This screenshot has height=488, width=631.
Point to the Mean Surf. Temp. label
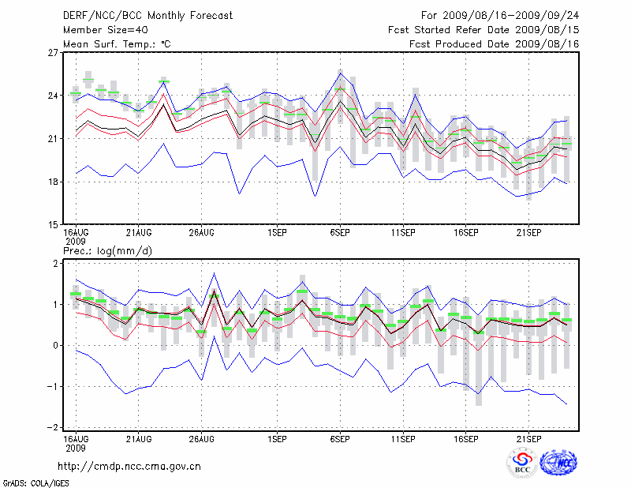click(117, 43)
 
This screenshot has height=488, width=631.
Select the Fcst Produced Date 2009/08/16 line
click(495, 43)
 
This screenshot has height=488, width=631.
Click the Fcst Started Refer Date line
click(484, 29)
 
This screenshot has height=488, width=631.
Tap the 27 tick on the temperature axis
click(53, 53)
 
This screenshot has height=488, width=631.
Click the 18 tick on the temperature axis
click(53, 182)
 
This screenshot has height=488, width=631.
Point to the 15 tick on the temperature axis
click(53, 224)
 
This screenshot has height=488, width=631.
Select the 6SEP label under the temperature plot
click(340, 233)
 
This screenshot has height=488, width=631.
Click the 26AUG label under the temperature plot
click(202, 233)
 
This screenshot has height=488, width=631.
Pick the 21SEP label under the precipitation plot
click(528, 437)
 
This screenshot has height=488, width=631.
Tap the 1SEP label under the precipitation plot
click(276, 437)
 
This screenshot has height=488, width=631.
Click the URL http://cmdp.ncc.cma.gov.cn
click(129, 467)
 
